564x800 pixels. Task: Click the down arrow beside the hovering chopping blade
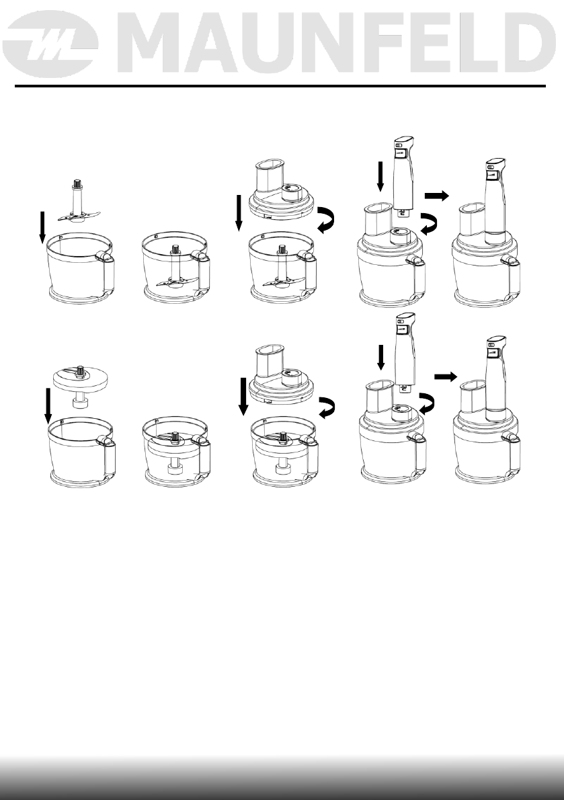click(x=42, y=227)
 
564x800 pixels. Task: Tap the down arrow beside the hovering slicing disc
click(x=46, y=405)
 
